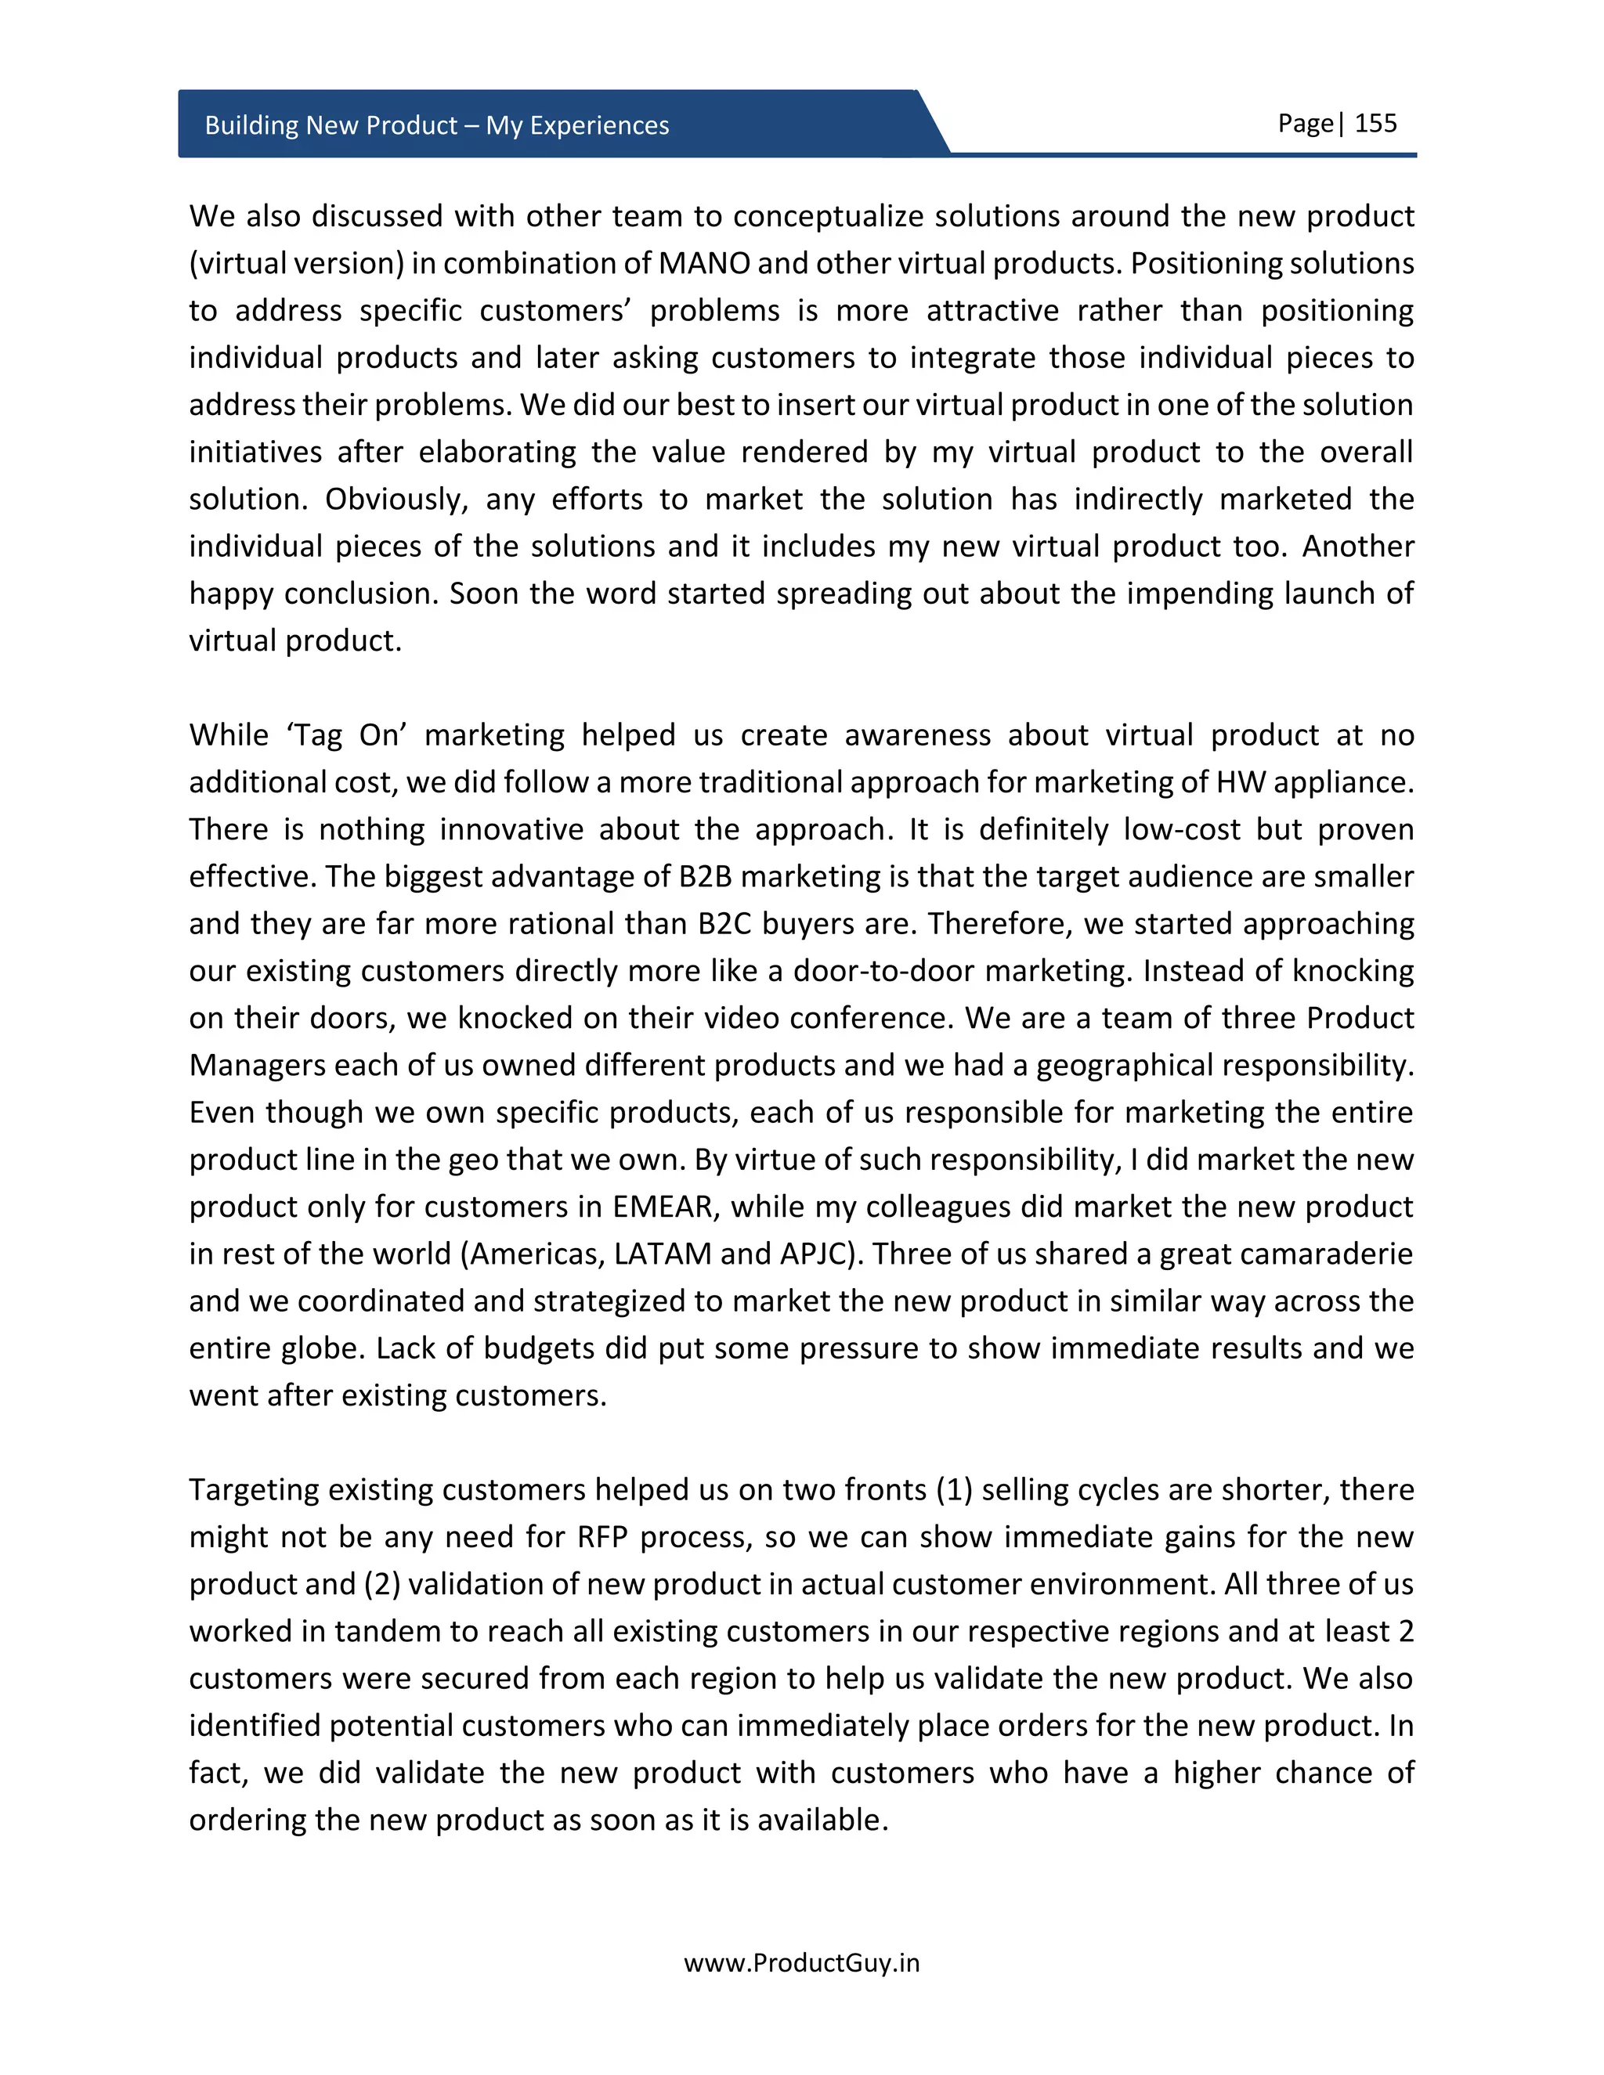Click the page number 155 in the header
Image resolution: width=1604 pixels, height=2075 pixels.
[1375, 124]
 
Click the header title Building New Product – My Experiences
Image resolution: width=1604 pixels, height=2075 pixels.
[436, 125]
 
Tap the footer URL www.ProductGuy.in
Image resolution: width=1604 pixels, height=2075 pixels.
[801, 1963]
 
